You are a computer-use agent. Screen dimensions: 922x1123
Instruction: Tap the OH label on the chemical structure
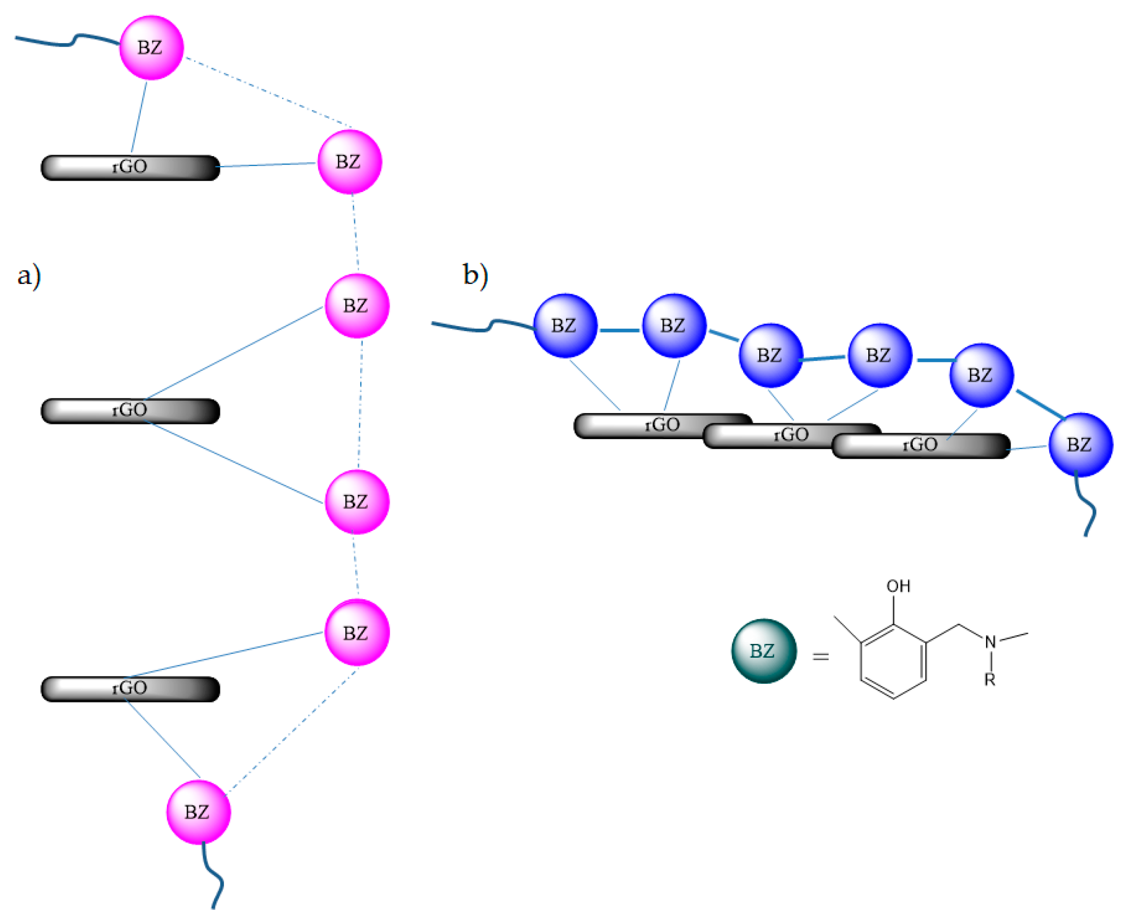point(898,586)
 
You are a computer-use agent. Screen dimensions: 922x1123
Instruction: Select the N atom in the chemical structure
point(990,643)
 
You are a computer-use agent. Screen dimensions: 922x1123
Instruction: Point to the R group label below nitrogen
point(990,679)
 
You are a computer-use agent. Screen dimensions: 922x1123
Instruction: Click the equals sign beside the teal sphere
point(821,657)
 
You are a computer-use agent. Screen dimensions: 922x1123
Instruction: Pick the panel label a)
point(28,276)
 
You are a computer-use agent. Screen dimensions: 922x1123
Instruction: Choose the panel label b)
point(475,275)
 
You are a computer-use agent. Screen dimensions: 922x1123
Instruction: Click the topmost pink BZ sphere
point(151,48)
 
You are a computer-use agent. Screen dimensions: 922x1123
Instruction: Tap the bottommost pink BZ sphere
point(198,812)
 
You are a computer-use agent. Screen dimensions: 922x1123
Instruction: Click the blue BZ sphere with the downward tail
point(1080,445)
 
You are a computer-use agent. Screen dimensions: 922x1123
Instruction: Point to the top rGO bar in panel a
point(130,168)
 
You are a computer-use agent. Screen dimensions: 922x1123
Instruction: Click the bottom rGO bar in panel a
point(130,689)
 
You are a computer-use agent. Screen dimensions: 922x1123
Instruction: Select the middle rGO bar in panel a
point(130,411)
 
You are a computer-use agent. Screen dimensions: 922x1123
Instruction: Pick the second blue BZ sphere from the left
point(674,326)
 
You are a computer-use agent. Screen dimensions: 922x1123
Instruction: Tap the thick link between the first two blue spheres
point(619,331)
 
